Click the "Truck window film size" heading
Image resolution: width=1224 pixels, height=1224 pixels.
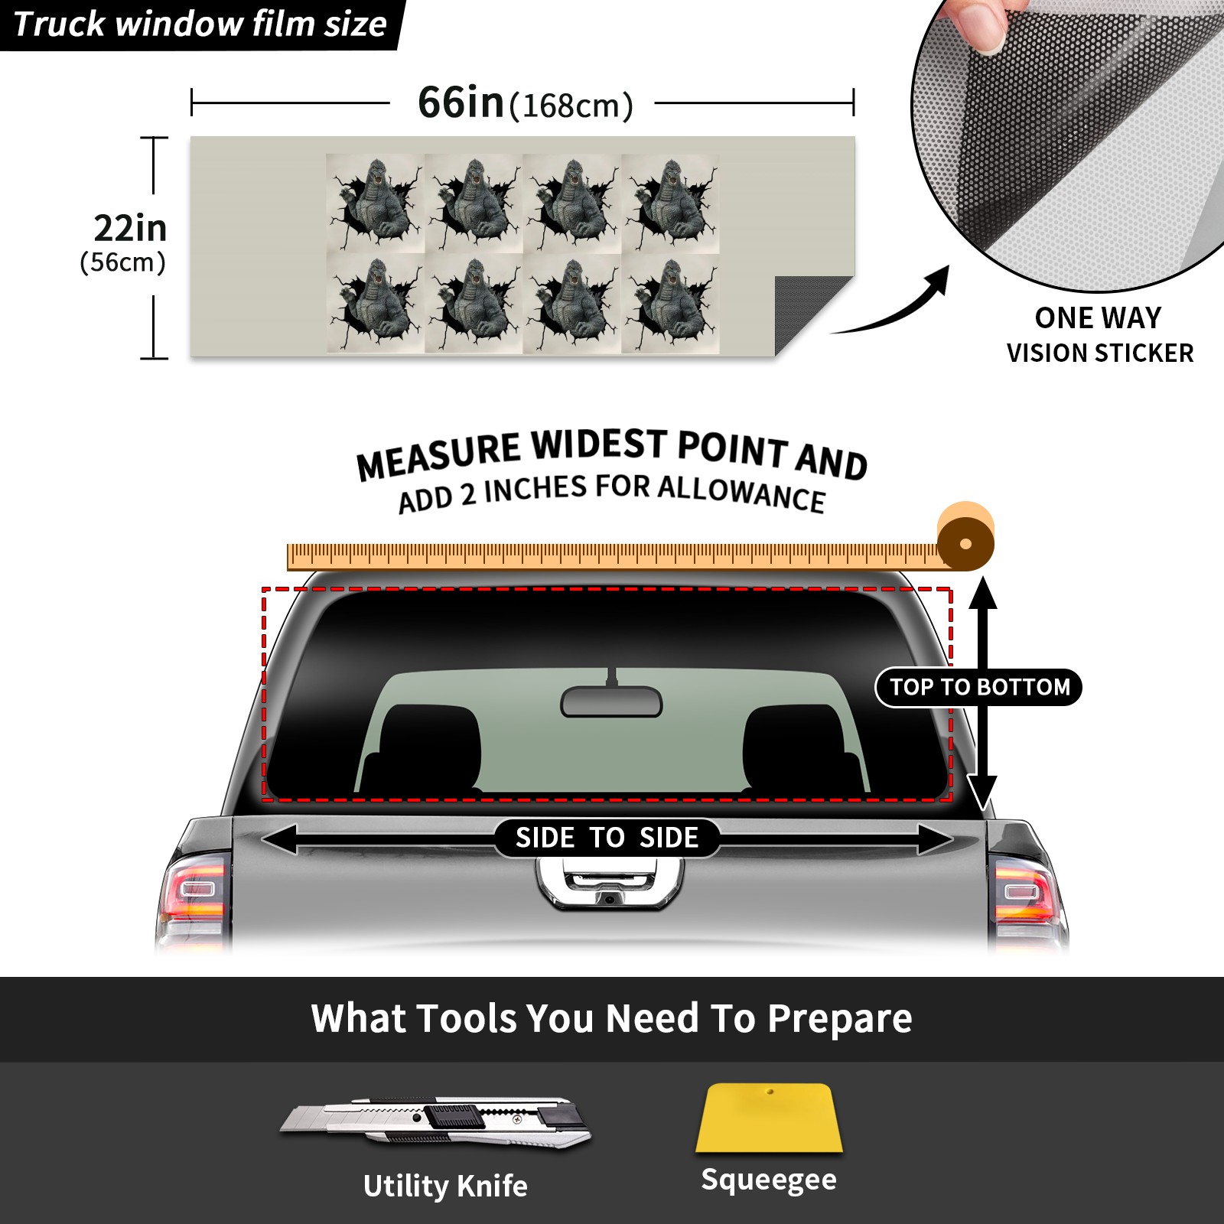tap(200, 24)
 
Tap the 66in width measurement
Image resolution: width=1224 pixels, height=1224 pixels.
tap(461, 103)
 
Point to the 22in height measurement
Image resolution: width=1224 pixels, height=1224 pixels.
tap(130, 228)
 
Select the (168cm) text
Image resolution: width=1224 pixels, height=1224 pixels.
tap(571, 106)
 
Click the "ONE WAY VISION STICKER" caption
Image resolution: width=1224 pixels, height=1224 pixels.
tap(1099, 335)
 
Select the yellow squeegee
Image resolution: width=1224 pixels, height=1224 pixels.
tap(769, 1118)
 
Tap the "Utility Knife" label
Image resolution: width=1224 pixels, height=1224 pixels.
tap(445, 1186)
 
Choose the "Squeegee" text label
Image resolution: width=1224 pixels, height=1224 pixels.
tap(769, 1180)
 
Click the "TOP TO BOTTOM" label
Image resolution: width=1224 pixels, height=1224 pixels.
tap(979, 687)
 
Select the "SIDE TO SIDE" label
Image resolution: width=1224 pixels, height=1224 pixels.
tap(607, 838)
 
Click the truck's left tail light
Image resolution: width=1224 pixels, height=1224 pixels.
tap(196, 892)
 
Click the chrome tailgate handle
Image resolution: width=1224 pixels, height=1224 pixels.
tap(610, 883)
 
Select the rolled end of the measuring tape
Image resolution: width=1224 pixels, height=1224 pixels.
tap(965, 538)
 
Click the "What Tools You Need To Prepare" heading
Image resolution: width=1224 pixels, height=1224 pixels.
tap(611, 1018)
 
